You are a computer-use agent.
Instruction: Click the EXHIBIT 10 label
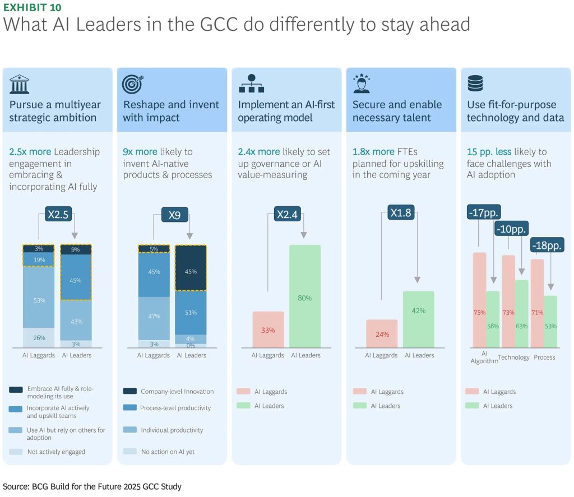tap(33, 7)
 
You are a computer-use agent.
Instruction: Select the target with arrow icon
tap(132, 83)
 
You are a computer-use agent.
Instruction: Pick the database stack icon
tap(475, 83)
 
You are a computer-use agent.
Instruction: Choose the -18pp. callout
tap(547, 245)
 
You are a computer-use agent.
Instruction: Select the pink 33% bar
tap(268, 329)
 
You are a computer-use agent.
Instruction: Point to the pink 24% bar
tap(381, 333)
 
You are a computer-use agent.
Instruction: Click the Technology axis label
tap(513, 357)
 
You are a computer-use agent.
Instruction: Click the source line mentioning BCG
tap(92, 486)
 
